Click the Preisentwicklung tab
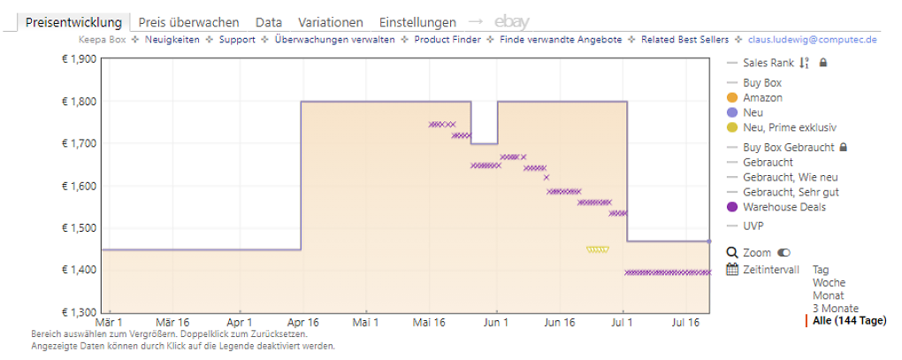(x=73, y=22)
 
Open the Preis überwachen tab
(x=188, y=22)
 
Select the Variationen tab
(x=331, y=22)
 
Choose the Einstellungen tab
(x=417, y=22)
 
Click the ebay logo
(x=512, y=22)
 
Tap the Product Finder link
(x=447, y=40)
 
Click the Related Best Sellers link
(x=684, y=40)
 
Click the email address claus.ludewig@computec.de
(x=813, y=40)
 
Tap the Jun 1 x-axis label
(x=497, y=323)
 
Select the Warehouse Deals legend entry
(x=776, y=207)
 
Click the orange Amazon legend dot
(x=732, y=98)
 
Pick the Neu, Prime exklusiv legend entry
(x=782, y=127)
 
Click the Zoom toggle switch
(x=784, y=252)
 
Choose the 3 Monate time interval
(x=836, y=308)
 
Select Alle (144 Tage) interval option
(x=850, y=320)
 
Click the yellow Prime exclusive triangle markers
(x=598, y=249)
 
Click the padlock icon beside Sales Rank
(x=823, y=62)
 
